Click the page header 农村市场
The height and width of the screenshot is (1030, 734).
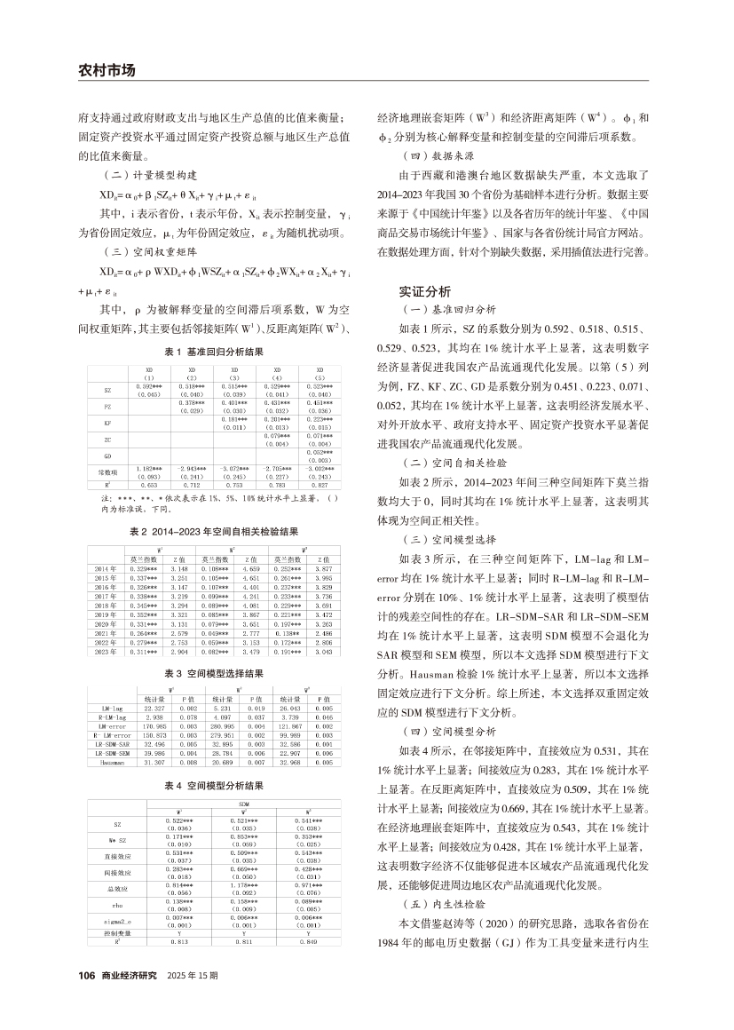[x=104, y=70]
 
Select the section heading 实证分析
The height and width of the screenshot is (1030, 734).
[x=425, y=290]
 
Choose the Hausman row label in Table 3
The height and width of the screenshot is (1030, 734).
[x=113, y=761]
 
